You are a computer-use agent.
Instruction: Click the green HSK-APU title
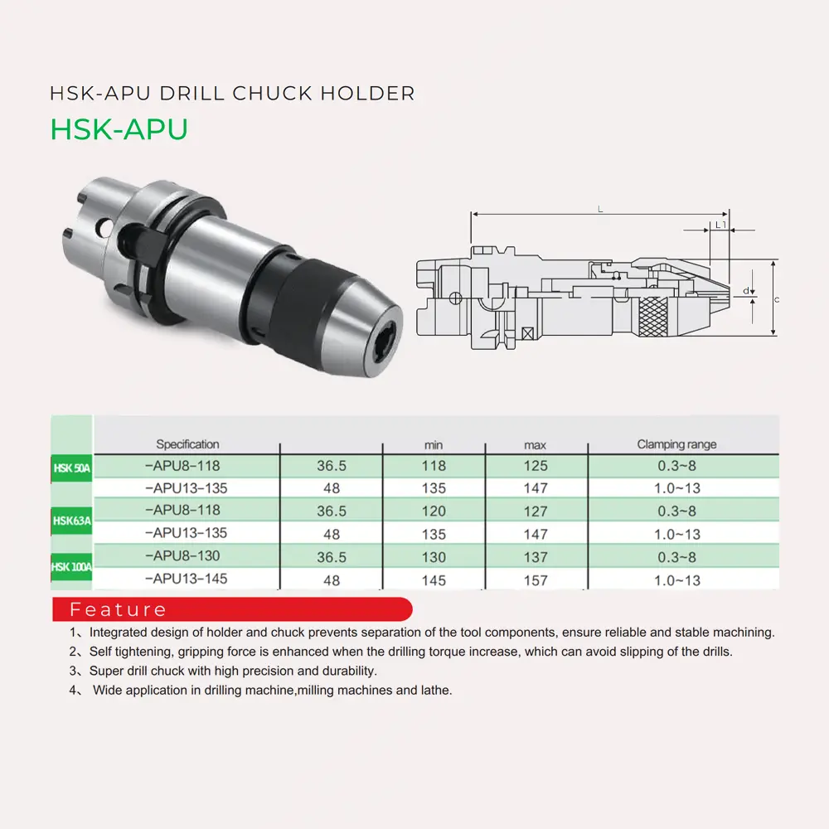coord(119,129)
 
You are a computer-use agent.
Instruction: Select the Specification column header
coord(187,444)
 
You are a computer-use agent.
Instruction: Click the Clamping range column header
coord(676,444)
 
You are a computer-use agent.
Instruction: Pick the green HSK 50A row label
coord(71,468)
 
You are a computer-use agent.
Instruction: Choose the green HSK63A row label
coord(71,521)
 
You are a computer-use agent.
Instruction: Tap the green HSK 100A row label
coord(71,567)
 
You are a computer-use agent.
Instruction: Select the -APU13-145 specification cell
coord(186,579)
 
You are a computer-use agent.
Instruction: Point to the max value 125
coord(536,466)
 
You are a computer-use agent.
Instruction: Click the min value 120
coord(434,511)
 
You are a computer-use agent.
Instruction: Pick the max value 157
coord(536,580)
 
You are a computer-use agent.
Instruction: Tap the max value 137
coord(536,557)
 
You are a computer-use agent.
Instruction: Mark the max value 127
coord(536,511)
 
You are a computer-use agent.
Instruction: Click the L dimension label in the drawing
coord(600,210)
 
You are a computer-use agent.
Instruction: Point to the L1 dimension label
coord(720,225)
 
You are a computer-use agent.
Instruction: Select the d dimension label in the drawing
coord(746,291)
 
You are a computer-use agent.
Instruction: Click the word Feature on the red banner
coord(118,610)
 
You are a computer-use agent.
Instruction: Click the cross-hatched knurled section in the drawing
coord(657,313)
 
